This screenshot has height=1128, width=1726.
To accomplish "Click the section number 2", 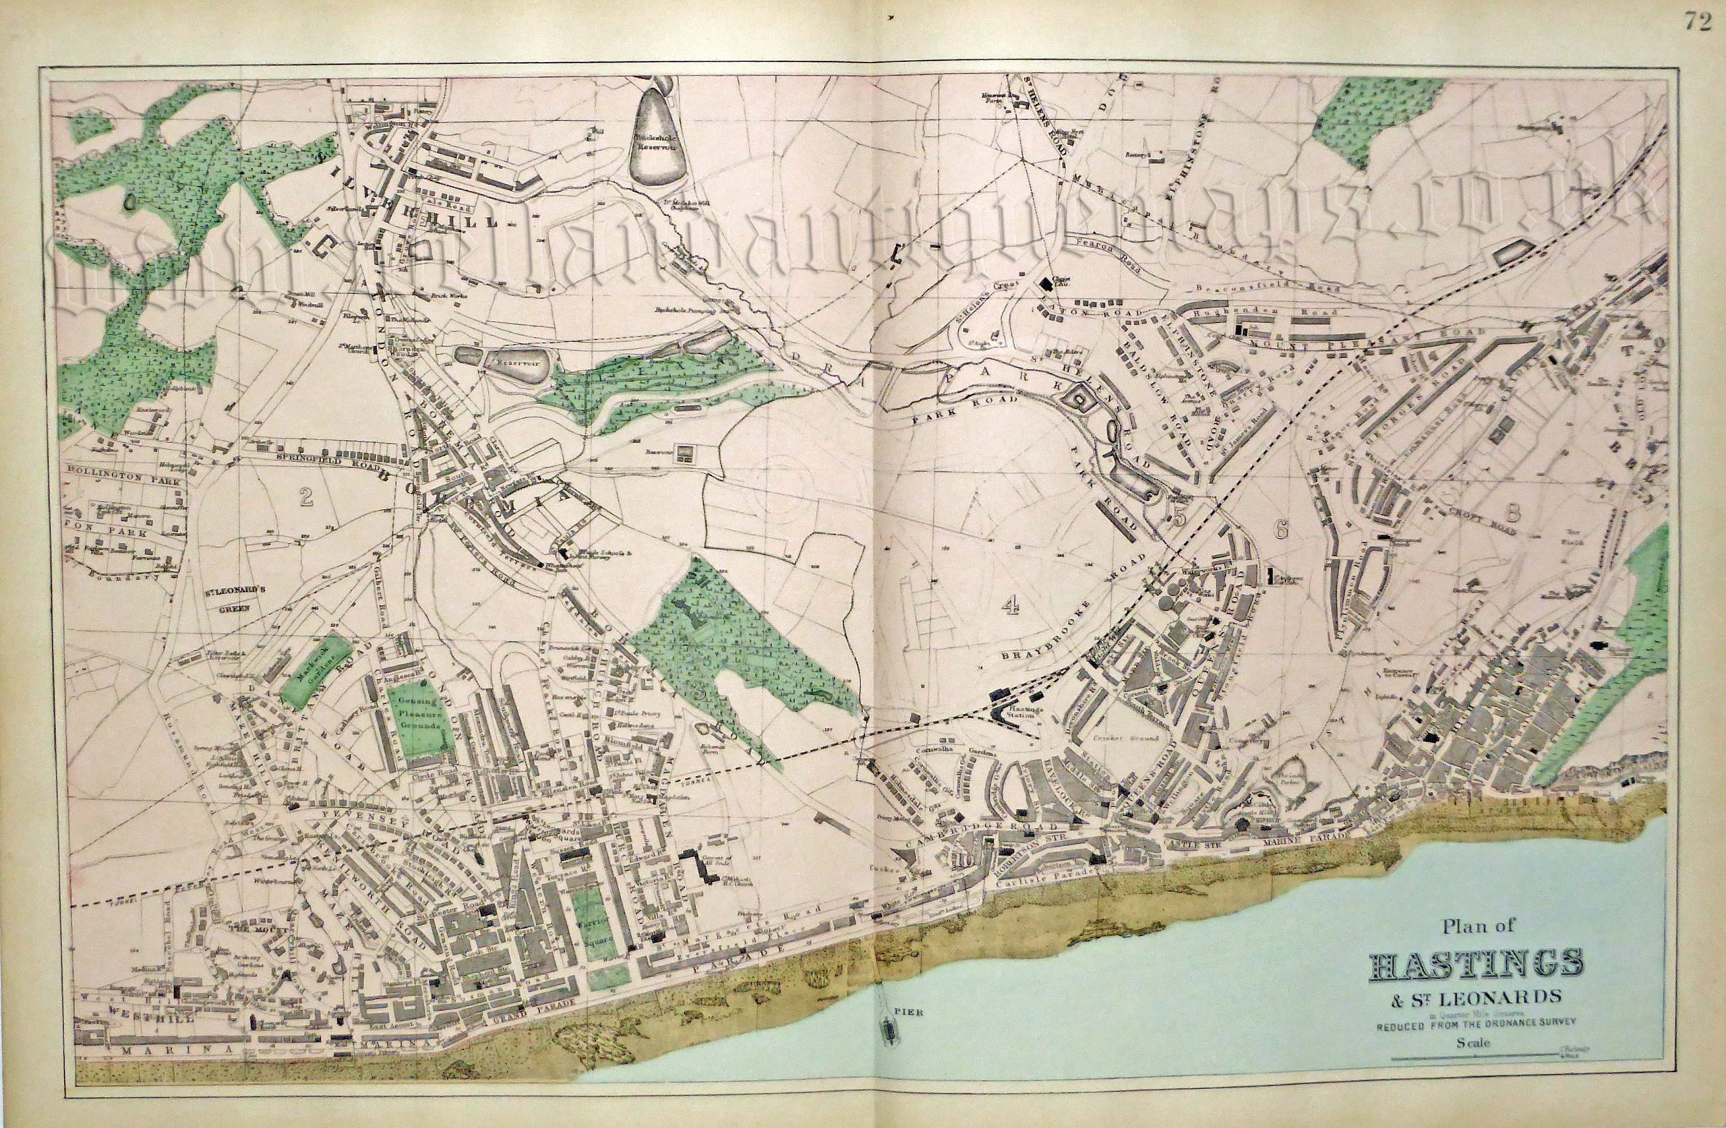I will (306, 496).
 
